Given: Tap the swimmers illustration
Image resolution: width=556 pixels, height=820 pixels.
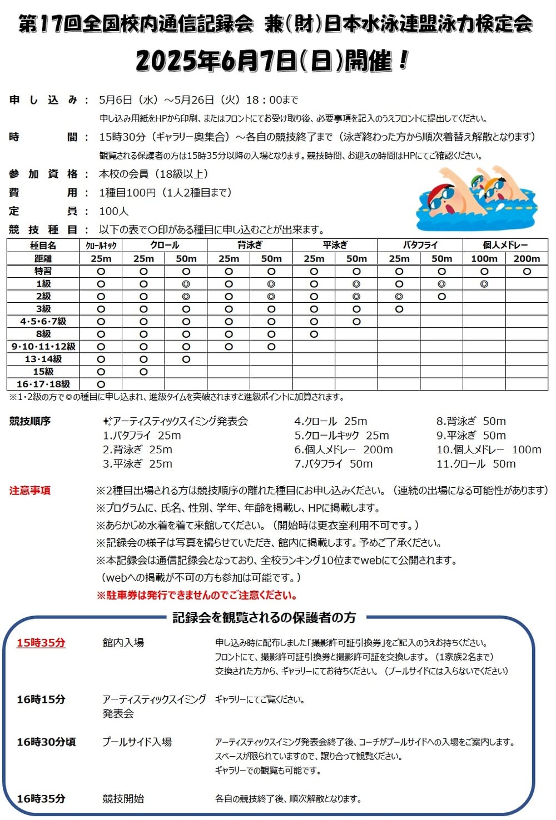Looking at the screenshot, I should pyautogui.click(x=477, y=199).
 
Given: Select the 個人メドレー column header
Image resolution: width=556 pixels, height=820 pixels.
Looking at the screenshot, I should pyautogui.click(x=505, y=245).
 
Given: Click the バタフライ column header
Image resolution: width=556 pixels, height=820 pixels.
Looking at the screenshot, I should pyautogui.click(x=420, y=245).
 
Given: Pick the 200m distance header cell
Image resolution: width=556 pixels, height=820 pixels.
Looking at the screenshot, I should pyautogui.click(x=527, y=258).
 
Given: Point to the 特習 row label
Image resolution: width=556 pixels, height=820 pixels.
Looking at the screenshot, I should pyautogui.click(x=43, y=271).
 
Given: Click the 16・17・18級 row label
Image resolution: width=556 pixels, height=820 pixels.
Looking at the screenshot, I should pyautogui.click(x=43, y=384).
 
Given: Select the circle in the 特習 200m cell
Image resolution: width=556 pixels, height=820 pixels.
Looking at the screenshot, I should pyautogui.click(x=527, y=272).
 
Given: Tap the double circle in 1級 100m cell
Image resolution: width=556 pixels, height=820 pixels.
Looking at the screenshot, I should pyautogui.click(x=484, y=284).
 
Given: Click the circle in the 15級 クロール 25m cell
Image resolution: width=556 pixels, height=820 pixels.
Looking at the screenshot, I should pyautogui.click(x=143, y=372).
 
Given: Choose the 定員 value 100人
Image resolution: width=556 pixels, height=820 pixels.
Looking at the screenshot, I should pyautogui.click(x=113, y=211).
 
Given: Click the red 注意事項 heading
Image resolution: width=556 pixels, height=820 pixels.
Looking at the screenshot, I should pyautogui.click(x=30, y=491).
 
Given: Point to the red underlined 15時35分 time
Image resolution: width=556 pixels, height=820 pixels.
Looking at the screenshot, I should pyautogui.click(x=41, y=643).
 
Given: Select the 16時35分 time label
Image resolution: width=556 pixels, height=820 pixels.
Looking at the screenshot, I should pyautogui.click(x=41, y=798).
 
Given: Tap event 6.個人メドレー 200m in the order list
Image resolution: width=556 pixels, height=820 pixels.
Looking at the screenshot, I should pyautogui.click(x=343, y=449).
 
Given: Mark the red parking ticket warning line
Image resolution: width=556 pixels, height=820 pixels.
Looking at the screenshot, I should pyautogui.click(x=196, y=595).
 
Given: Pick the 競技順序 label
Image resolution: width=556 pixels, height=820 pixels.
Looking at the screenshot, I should pyautogui.click(x=30, y=421).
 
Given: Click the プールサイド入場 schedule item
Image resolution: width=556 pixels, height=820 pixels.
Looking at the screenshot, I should pyautogui.click(x=137, y=742).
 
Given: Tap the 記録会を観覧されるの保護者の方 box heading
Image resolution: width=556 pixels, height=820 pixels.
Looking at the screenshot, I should pyautogui.click(x=264, y=617).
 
